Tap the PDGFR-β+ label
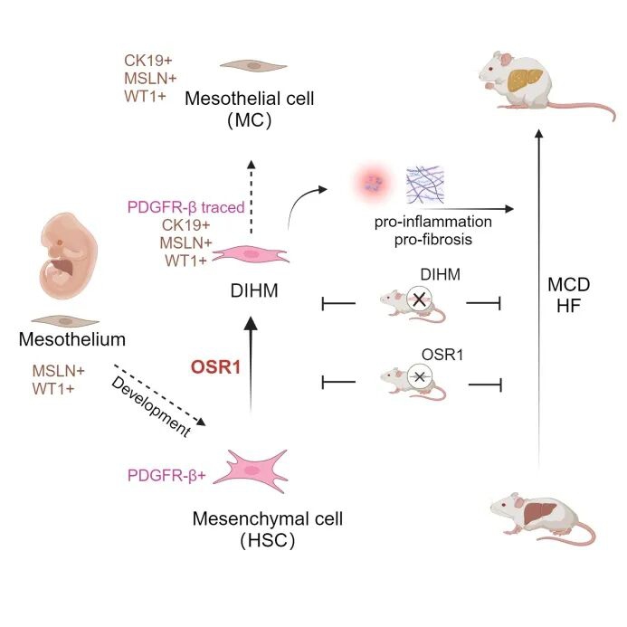tap(168, 472)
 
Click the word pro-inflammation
tap(435, 221)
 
